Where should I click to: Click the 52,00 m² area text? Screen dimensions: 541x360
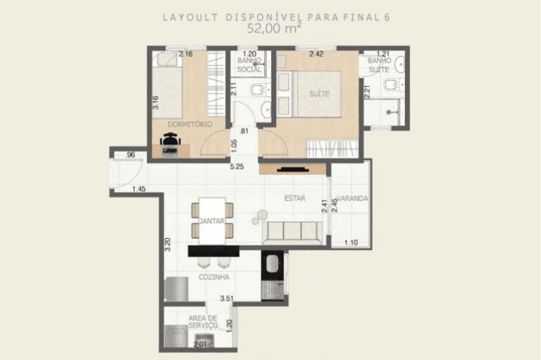(274, 28)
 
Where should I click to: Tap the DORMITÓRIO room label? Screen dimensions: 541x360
(190, 124)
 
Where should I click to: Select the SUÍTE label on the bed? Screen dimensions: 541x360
(319, 93)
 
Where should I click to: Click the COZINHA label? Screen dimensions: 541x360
(214, 277)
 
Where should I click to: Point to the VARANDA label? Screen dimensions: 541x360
(352, 198)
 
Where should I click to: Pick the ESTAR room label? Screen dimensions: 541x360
(294, 198)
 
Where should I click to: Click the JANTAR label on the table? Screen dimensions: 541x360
(212, 221)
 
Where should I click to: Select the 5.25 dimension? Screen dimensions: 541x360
(237, 167)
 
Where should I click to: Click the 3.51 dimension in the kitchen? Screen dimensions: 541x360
(226, 298)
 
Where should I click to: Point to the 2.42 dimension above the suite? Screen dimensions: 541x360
(316, 54)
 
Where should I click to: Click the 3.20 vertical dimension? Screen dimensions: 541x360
(167, 244)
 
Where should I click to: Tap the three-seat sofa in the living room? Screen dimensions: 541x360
(293, 231)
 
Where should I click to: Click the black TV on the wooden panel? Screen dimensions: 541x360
(293, 169)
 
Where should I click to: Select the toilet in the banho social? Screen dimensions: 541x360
(259, 90)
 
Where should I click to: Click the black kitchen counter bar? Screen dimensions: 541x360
(214, 251)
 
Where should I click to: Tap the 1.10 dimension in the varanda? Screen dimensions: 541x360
(351, 243)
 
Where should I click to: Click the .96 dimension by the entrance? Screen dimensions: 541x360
(130, 155)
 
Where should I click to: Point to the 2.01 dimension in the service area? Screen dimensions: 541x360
(200, 345)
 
